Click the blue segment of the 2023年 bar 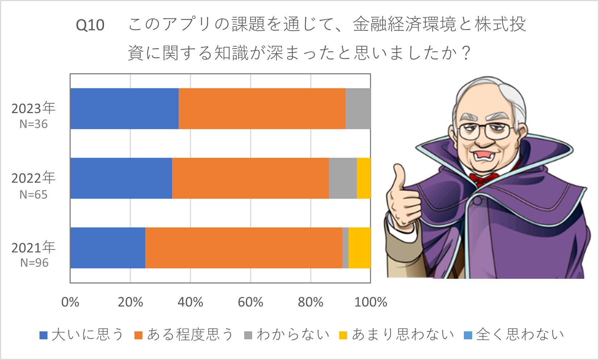click(124, 108)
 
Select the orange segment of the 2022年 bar click(250, 178)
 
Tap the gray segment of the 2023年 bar click(358, 108)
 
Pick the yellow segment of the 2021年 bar click(359, 248)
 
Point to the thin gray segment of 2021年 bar click(345, 248)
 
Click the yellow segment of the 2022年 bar click(364, 178)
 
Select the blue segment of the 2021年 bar click(108, 248)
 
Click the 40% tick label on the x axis click(190, 302)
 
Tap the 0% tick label click(70, 302)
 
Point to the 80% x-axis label click(311, 302)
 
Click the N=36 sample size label click(33, 124)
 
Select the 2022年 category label click(33, 178)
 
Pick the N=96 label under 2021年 click(34, 263)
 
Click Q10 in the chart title click(90, 25)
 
